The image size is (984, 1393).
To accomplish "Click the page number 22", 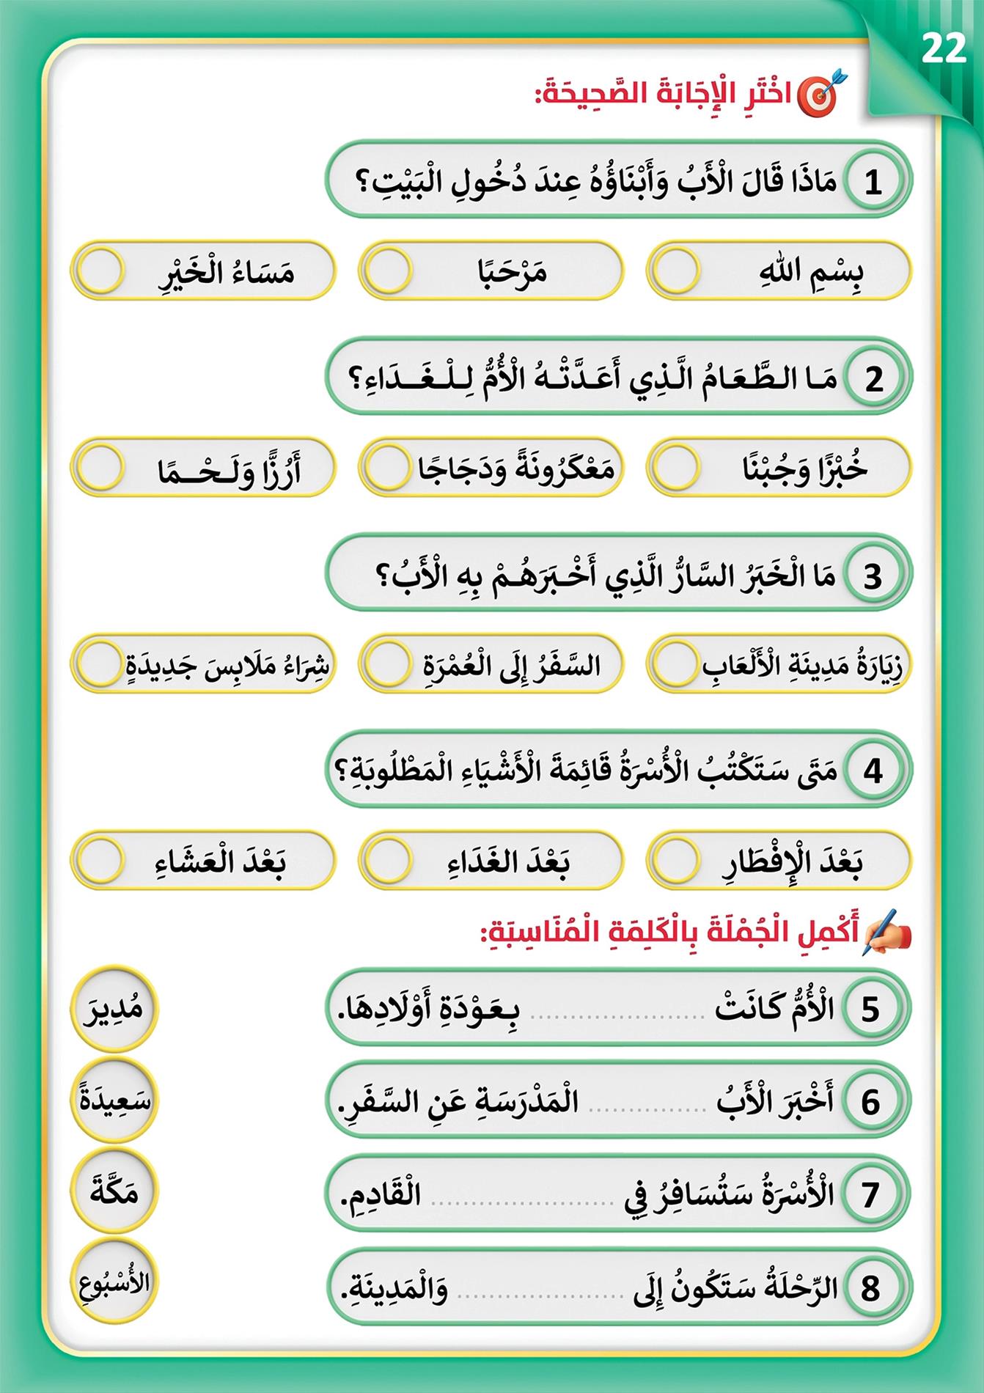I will (x=944, y=49).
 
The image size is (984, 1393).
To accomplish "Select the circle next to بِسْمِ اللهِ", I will (x=676, y=271).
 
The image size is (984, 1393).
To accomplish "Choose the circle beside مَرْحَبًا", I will (x=388, y=271).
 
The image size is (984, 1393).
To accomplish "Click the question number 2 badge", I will (x=873, y=379).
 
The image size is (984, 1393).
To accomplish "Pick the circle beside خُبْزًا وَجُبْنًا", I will (x=676, y=467).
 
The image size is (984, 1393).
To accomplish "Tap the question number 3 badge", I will (x=873, y=576).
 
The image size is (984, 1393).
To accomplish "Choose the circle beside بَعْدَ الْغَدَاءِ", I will (x=388, y=859).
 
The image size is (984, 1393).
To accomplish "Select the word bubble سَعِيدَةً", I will (x=114, y=1100).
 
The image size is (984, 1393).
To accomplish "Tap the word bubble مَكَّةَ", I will (x=114, y=1192).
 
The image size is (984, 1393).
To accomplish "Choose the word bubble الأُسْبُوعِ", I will (x=114, y=1283).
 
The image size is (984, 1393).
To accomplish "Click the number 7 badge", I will (x=870, y=1194).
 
